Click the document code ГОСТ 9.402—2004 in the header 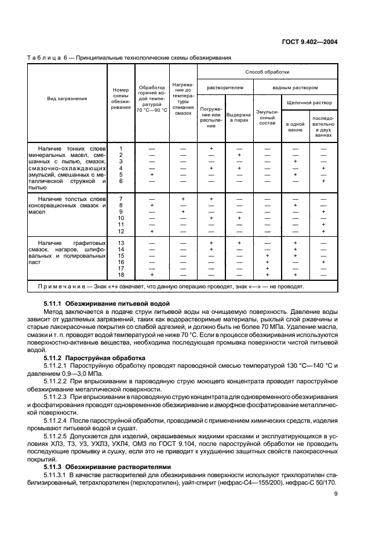pyautogui.click(x=309, y=42)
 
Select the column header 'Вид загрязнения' pyautogui.click(x=67, y=98)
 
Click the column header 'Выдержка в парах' pyautogui.click(x=239, y=117)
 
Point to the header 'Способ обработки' pyautogui.click(x=267, y=72)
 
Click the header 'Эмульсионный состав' pyautogui.click(x=267, y=117)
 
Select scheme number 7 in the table pyautogui.click(x=121, y=199)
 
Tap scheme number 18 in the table pyautogui.click(x=121, y=274)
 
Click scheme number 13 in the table pyautogui.click(x=121, y=243)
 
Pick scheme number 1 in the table pyautogui.click(x=121, y=149)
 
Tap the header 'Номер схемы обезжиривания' pyautogui.click(x=121, y=98)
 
